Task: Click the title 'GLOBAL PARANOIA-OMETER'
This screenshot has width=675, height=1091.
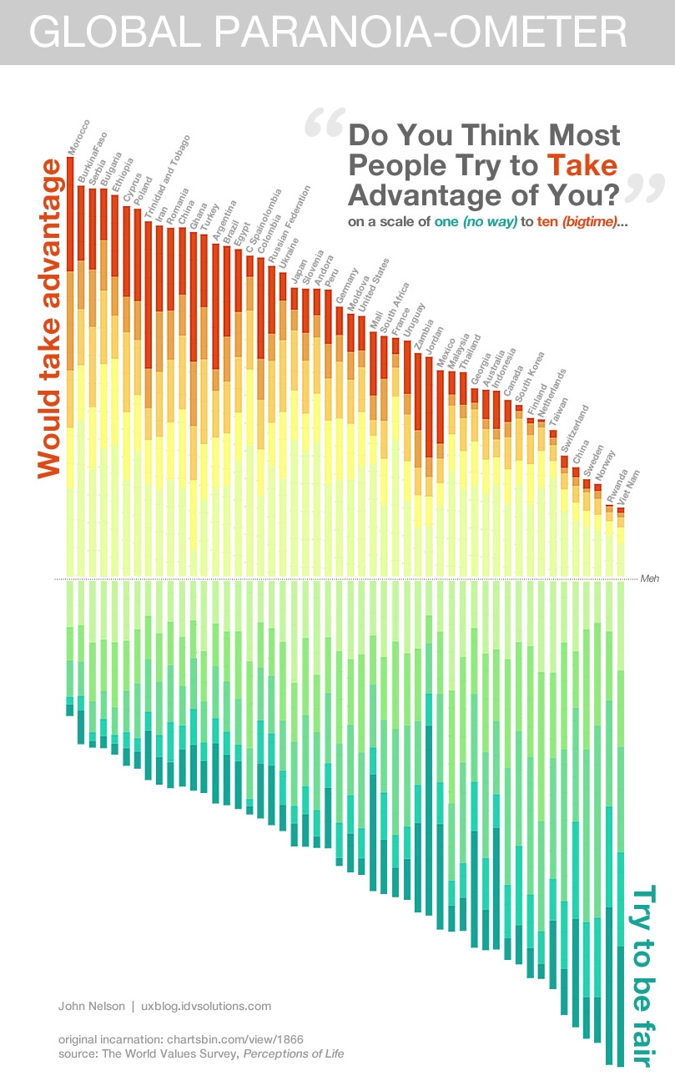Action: pyautogui.click(x=328, y=33)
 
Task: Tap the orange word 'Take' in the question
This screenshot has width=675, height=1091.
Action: pyautogui.click(x=582, y=164)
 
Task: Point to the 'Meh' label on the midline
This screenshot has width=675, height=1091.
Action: pyautogui.click(x=649, y=578)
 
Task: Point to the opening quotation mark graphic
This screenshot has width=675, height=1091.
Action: pyautogui.click(x=324, y=124)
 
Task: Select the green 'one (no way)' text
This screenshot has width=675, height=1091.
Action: pyautogui.click(x=479, y=223)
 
